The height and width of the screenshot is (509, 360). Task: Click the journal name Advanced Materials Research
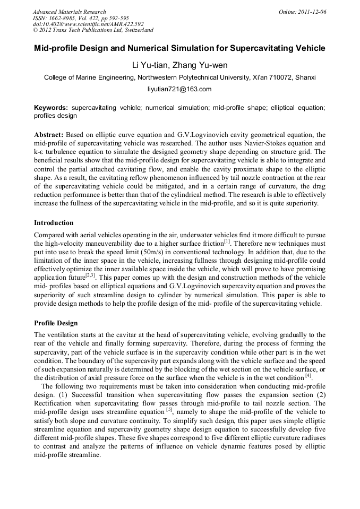[x=69, y=12]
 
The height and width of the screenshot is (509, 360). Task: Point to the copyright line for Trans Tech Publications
[x=92, y=30]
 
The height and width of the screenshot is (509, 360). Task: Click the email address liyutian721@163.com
[x=179, y=89]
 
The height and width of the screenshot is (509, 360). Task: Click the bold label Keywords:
[x=51, y=108]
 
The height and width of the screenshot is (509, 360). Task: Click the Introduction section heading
[x=54, y=222]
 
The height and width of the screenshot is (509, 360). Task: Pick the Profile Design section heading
[x=56, y=323]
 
